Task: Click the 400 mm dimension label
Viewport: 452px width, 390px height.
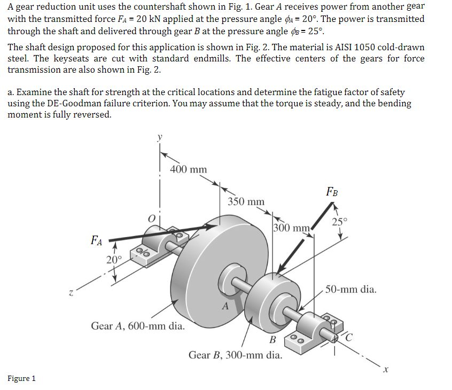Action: pos(188,169)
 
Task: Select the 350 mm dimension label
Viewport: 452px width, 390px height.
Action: pos(246,201)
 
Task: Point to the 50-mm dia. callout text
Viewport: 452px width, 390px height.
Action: pos(350,290)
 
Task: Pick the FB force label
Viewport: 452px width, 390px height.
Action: pos(332,191)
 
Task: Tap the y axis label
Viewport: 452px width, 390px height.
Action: pos(158,137)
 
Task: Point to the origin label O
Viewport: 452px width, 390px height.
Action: pos(152,218)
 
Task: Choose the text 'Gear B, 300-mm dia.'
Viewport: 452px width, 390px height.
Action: pos(236,354)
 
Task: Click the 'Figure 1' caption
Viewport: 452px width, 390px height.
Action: pos(22,378)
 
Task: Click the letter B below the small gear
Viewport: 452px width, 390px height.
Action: pos(272,340)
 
